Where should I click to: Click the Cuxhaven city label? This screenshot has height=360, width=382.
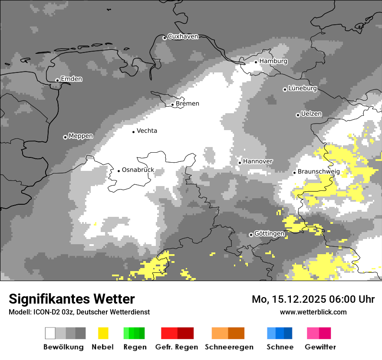point(183,36)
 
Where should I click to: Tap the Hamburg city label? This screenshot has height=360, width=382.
point(273,61)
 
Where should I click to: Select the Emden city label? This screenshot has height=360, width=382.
point(71,79)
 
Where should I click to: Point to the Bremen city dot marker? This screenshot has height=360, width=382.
point(172,105)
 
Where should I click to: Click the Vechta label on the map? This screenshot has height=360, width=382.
point(147,131)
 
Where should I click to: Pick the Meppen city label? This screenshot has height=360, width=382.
point(80,136)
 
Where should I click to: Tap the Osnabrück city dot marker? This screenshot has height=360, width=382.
point(119,171)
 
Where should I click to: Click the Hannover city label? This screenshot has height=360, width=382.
point(257,161)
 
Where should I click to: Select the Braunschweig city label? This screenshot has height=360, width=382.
point(319,172)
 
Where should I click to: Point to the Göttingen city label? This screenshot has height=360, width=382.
point(269,234)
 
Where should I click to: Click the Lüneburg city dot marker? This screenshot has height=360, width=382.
point(285,89)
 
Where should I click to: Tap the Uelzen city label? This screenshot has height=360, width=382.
point(311,114)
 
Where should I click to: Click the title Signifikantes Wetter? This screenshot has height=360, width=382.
point(72,299)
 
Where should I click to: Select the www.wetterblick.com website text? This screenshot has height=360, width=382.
point(313,312)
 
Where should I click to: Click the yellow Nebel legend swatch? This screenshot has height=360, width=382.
point(103,333)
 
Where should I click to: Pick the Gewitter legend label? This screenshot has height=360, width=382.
point(320,347)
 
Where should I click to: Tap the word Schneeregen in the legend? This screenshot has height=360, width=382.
point(229,347)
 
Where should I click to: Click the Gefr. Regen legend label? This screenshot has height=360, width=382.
point(177,347)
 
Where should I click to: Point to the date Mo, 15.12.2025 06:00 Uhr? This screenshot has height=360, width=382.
point(313,299)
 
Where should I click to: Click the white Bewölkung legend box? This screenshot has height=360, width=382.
point(50,333)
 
